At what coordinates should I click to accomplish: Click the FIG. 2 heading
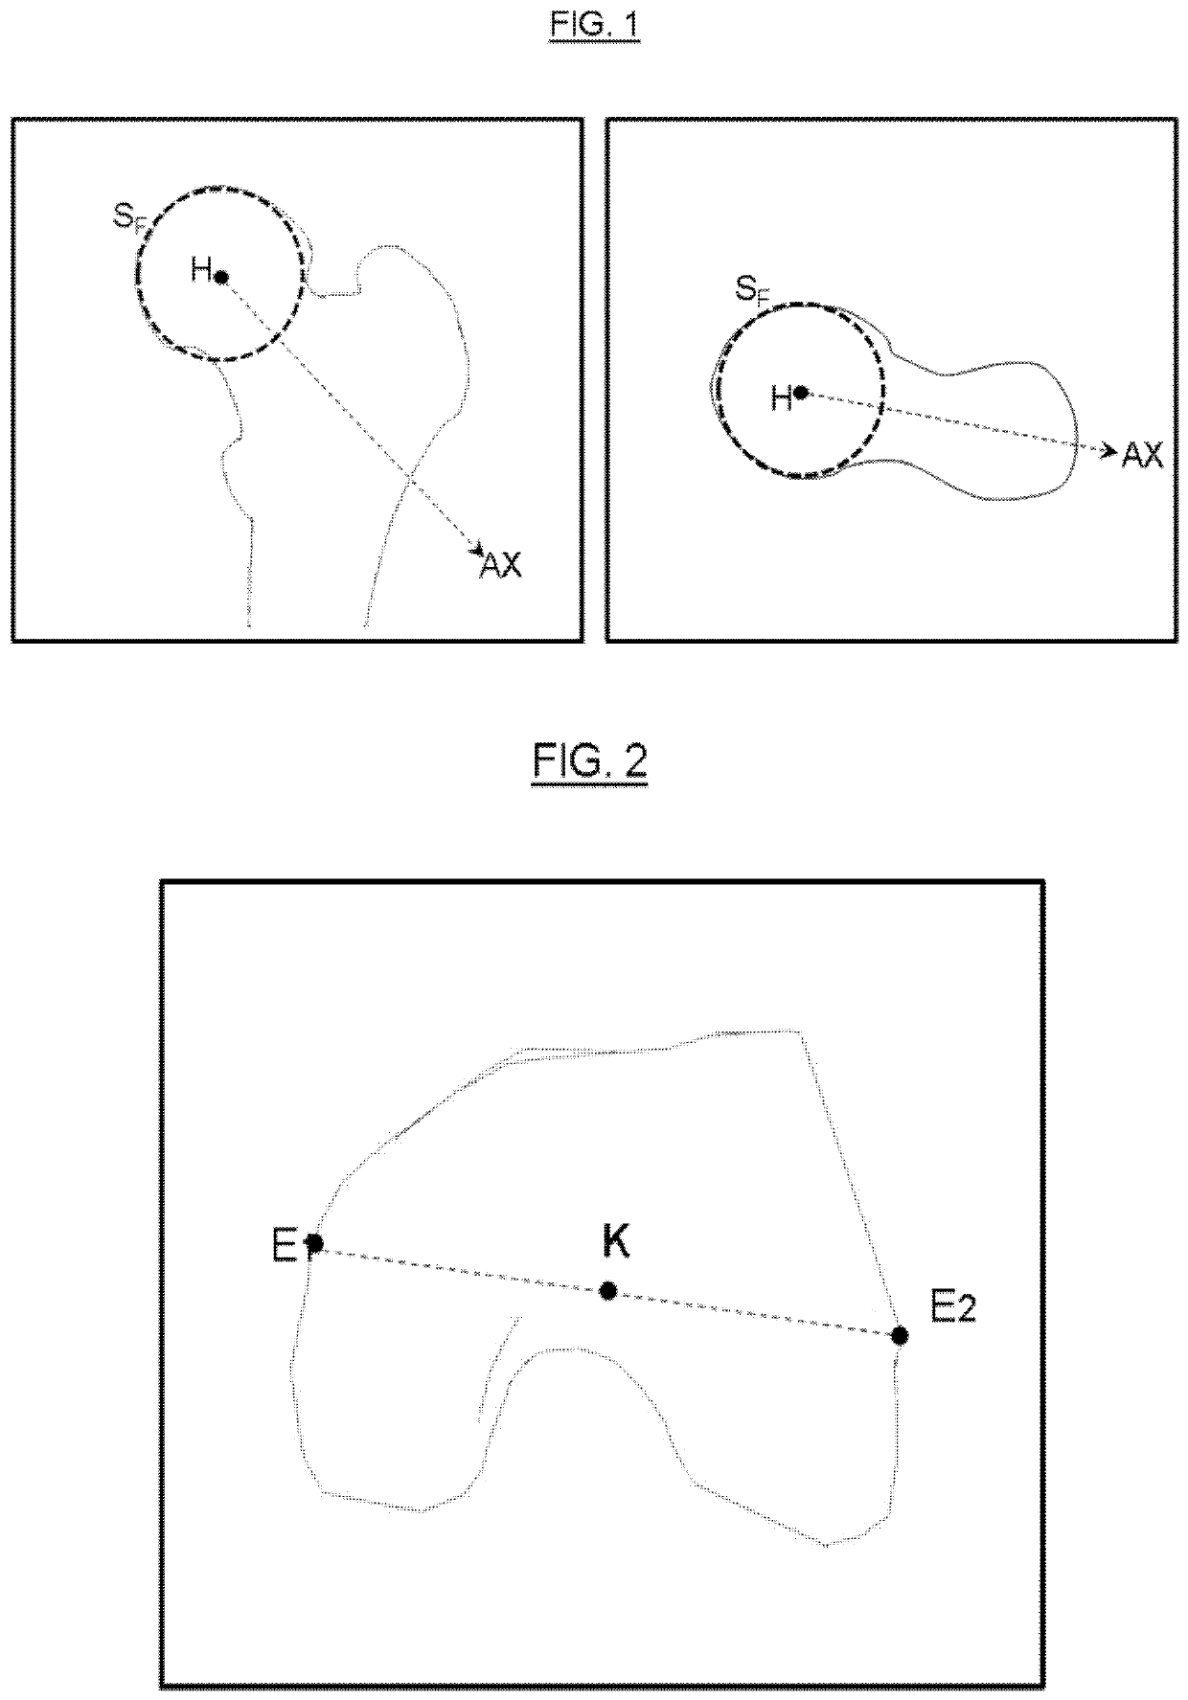590,763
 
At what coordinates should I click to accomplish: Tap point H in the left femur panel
221,278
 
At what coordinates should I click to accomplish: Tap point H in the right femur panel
801,393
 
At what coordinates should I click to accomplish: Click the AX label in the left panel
500,565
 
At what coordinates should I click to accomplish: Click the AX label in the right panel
1142,456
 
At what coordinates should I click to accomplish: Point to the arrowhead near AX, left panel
476,550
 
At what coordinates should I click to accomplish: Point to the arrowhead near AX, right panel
1110,449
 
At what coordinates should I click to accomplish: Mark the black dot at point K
607,1291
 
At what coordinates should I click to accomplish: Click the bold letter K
615,1241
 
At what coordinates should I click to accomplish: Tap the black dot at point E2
900,1335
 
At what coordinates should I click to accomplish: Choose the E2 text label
952,1306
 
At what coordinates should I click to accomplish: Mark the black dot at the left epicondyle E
314,1243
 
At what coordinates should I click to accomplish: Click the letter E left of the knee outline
285,1247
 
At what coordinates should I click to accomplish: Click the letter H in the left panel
200,270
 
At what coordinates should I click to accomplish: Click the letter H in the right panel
781,398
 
